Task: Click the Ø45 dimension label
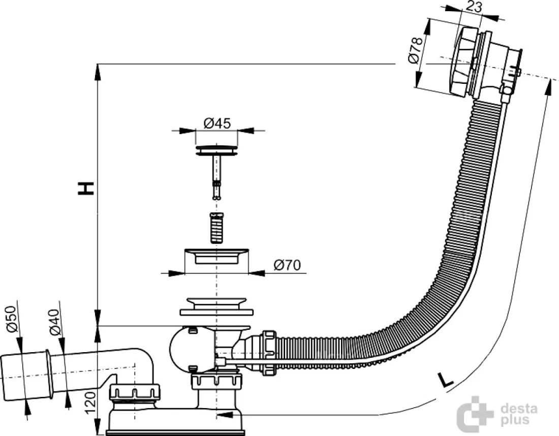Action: [x=217, y=123]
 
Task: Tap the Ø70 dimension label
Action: [x=287, y=265]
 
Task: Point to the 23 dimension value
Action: [x=474, y=7]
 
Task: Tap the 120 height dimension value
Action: [x=91, y=402]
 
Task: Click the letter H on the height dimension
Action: [x=86, y=188]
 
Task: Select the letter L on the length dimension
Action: [x=445, y=380]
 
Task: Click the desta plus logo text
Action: [x=519, y=414]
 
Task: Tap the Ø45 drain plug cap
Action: [x=217, y=150]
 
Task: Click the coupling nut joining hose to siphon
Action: [x=269, y=353]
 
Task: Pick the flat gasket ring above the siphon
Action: [x=217, y=313]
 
